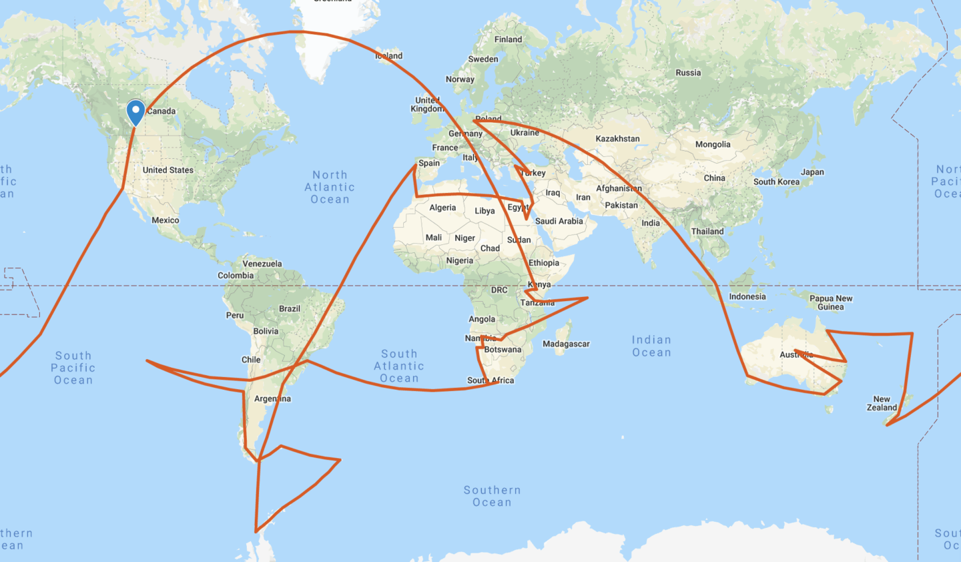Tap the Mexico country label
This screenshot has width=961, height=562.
tap(165, 220)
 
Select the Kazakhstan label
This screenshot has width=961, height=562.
tap(617, 139)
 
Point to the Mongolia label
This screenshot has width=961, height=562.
tap(713, 144)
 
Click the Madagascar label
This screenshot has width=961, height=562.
tap(566, 344)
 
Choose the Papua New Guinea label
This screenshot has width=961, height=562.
tap(831, 303)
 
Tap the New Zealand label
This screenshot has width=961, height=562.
tap(882, 403)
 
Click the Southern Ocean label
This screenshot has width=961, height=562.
tap(492, 496)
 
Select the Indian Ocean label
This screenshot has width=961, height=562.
tap(651, 346)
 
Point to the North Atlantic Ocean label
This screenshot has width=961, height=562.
tap(330, 187)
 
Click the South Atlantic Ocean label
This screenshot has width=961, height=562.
tap(399, 366)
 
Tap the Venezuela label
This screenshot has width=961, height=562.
tap(262, 264)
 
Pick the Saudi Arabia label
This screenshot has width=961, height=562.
tap(559, 221)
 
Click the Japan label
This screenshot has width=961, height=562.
tap(812, 172)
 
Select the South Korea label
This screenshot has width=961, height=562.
tap(776, 182)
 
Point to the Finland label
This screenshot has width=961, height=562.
tap(508, 39)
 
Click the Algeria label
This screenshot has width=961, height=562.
tap(442, 208)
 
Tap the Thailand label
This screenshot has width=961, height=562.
tap(707, 232)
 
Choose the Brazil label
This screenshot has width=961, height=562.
tap(290, 308)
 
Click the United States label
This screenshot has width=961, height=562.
tap(168, 170)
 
